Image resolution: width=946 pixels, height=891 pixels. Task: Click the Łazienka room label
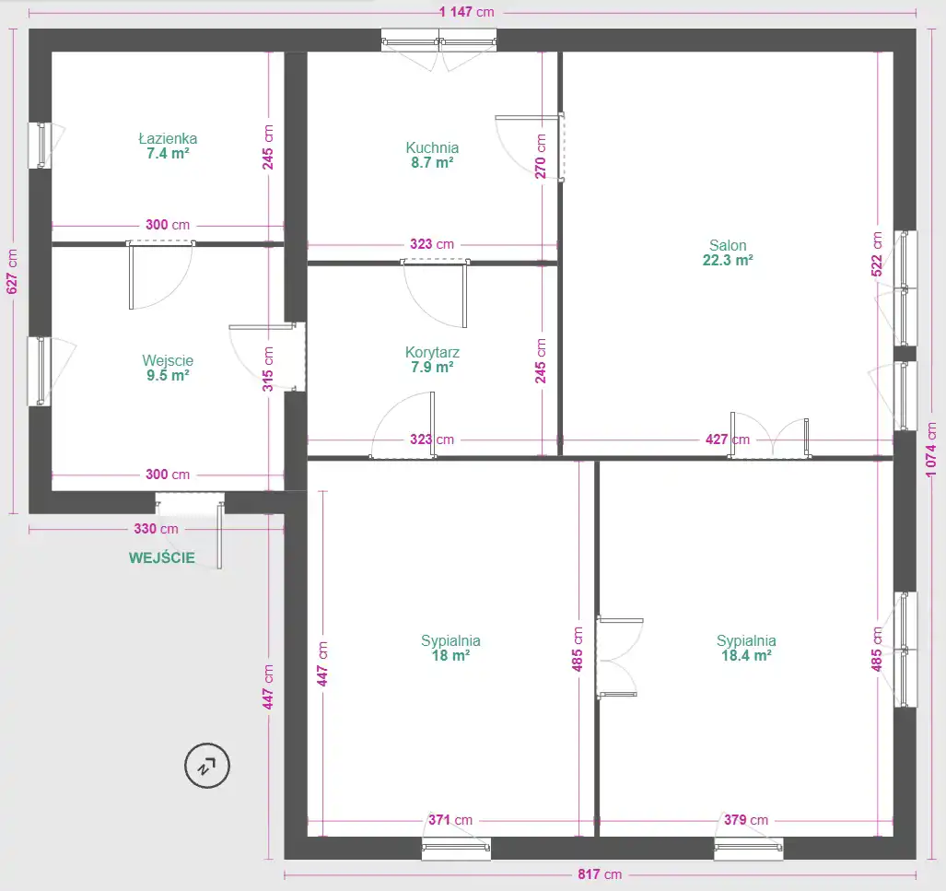point(168,138)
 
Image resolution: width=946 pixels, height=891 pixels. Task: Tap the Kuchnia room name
point(432,147)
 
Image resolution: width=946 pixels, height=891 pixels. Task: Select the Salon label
point(728,245)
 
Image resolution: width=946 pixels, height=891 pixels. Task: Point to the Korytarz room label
point(432,352)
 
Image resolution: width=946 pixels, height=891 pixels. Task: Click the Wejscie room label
point(168,360)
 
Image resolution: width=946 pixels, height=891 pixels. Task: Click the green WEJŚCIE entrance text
point(162,557)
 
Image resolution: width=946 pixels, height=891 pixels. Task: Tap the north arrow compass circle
point(207,766)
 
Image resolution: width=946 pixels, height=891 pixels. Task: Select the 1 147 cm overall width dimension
point(466,11)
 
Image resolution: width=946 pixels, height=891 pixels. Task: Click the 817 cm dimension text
point(599,874)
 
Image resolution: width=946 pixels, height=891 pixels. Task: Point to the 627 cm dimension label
point(11,271)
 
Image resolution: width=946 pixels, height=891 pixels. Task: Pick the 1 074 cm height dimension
point(931,449)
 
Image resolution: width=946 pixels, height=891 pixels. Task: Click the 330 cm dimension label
point(156,529)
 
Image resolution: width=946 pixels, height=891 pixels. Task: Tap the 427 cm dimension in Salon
point(728,439)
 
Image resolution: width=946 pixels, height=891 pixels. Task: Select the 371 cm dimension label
point(450,820)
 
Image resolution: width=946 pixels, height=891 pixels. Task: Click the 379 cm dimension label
point(746,820)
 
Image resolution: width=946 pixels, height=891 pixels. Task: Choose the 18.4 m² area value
point(746,655)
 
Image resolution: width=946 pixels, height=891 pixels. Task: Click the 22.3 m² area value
point(728,260)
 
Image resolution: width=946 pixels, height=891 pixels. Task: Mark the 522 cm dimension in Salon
point(877,254)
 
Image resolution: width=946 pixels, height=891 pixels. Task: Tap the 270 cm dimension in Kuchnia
point(540,157)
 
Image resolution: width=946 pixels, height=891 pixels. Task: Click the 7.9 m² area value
point(432,367)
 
